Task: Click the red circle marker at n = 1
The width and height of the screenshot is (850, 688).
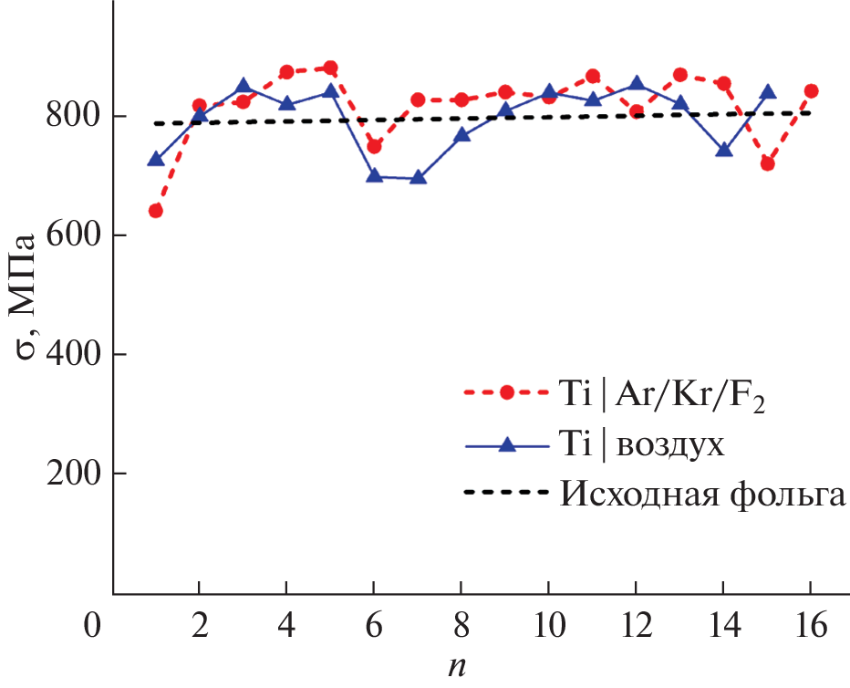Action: tap(156, 211)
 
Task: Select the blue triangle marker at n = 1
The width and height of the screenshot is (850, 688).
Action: tap(156, 160)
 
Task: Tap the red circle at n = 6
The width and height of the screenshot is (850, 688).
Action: tap(374, 146)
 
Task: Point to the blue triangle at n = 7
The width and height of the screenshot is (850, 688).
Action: tap(418, 177)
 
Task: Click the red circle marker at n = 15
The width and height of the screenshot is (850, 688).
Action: tap(768, 164)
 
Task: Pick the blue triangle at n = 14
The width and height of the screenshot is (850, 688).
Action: tap(724, 150)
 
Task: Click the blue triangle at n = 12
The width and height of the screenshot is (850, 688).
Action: tap(637, 85)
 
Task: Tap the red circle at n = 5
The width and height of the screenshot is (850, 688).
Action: tap(330, 68)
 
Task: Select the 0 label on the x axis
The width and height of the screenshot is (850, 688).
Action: tap(89, 628)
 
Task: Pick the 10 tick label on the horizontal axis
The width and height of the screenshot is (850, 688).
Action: tap(549, 628)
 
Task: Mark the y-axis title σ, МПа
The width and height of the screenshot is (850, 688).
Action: tap(25, 296)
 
